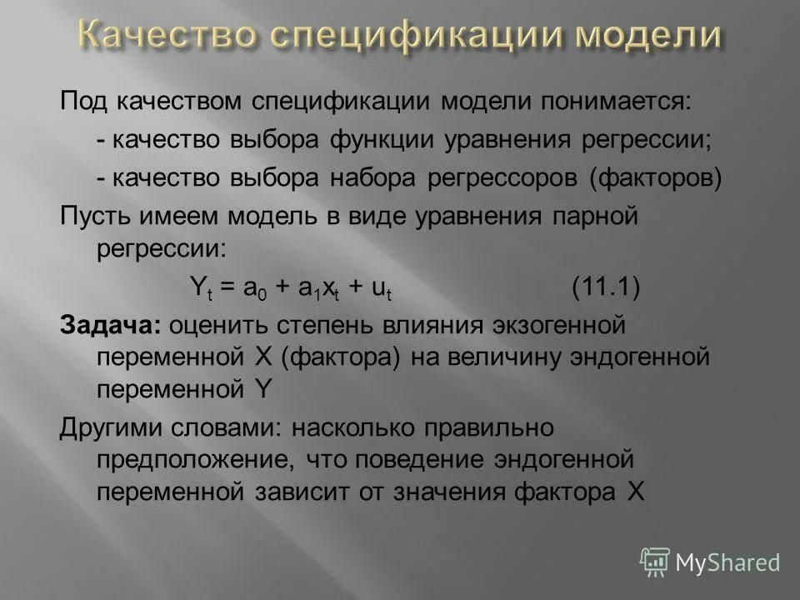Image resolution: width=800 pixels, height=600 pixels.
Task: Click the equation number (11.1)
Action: click(x=606, y=288)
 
